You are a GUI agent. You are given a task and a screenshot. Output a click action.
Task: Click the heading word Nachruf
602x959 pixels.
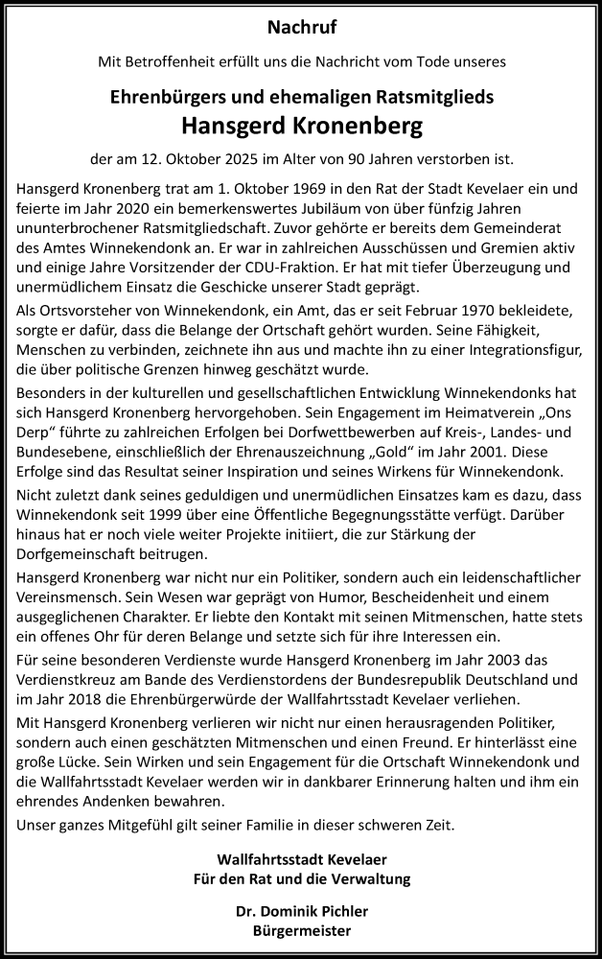coord(300,28)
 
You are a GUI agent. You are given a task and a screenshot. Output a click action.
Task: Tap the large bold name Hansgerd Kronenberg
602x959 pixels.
coord(300,126)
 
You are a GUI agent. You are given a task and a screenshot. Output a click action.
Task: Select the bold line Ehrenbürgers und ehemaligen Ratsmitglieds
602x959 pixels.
coord(300,98)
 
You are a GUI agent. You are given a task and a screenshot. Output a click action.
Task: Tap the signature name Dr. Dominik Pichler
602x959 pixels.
coord(300,912)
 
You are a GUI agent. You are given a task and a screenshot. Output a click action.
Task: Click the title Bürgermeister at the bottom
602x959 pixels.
coord(300,930)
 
